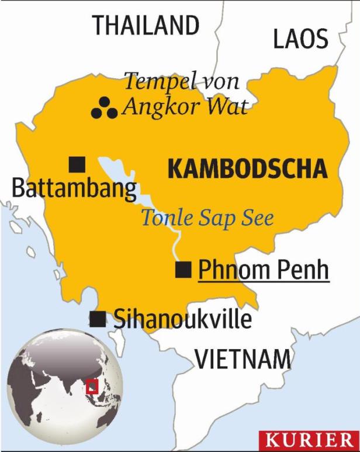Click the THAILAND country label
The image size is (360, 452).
(146, 26)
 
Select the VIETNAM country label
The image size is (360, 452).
(242, 358)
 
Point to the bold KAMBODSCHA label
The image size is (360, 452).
(247, 169)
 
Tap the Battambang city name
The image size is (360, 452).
(74, 189)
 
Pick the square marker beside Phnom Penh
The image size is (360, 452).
(184, 270)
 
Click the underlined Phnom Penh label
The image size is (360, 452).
(264, 271)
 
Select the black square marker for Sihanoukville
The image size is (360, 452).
(98, 319)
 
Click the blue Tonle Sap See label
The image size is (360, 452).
(207, 218)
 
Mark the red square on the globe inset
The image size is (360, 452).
(91, 387)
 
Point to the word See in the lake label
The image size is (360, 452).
(258, 218)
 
